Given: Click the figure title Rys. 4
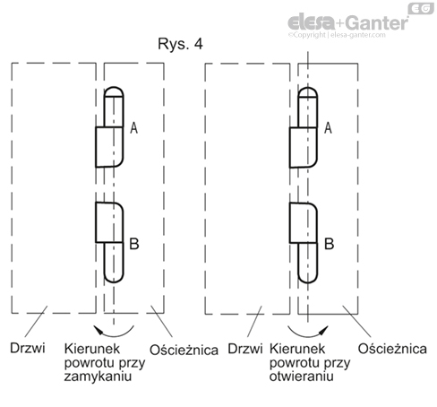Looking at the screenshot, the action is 180,44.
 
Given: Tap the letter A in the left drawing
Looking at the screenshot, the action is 134,128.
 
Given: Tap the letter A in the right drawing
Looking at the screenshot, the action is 328,128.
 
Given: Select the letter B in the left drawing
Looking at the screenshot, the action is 134,244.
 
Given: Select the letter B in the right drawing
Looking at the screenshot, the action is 329,244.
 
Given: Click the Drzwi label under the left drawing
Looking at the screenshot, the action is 28,348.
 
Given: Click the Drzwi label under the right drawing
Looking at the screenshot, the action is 245,349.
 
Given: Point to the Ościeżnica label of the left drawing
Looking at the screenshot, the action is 184,350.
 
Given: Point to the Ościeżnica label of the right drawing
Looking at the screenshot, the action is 392,349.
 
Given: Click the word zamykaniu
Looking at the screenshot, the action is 98,377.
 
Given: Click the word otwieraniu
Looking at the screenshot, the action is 301,376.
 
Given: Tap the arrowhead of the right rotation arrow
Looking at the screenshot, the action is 324,329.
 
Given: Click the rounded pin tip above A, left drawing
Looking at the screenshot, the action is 114,91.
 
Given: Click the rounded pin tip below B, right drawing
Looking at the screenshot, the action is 308,277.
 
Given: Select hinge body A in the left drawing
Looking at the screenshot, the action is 109,147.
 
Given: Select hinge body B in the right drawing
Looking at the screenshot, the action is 304,222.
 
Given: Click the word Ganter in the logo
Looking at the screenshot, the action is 377,22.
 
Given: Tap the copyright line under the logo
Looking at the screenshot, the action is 337,35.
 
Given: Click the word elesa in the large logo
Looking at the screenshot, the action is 312,22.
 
